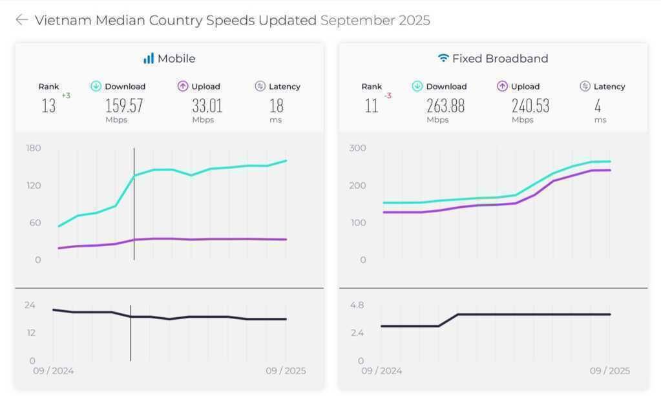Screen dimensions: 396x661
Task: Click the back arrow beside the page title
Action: pyautogui.click(x=21, y=20)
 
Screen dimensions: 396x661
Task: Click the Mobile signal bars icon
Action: pyautogui.click(x=149, y=58)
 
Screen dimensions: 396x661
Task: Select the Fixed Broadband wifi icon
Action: pyautogui.click(x=443, y=58)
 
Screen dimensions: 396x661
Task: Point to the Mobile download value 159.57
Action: pyautogui.click(x=124, y=106)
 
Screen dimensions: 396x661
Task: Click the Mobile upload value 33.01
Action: pyautogui.click(x=207, y=106)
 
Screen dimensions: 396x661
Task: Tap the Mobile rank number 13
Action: pyautogui.click(x=48, y=106)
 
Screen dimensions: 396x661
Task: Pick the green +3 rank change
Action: pyautogui.click(x=66, y=96)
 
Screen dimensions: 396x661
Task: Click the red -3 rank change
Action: pyautogui.click(x=388, y=96)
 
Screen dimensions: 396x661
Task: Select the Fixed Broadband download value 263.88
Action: pyautogui.click(x=445, y=106)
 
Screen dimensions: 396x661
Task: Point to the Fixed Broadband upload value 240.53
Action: pyautogui.click(x=530, y=106)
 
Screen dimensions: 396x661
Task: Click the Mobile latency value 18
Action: pyautogui.click(x=276, y=106)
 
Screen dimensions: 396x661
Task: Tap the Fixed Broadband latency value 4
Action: pyautogui.click(x=598, y=106)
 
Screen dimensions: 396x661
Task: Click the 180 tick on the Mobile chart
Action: pyautogui.click(x=33, y=148)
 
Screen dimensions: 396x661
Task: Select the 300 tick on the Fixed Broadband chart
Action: pyautogui.click(x=357, y=148)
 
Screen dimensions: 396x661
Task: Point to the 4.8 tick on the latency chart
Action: pyautogui.click(x=357, y=305)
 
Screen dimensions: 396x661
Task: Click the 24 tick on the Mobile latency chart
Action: pyautogui.click(x=30, y=305)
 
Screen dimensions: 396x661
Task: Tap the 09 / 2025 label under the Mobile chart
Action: pyautogui.click(x=286, y=371)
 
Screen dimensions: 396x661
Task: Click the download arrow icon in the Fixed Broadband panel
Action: pyautogui.click(x=417, y=86)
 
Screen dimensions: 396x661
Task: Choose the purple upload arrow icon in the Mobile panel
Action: pyautogui.click(x=182, y=86)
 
